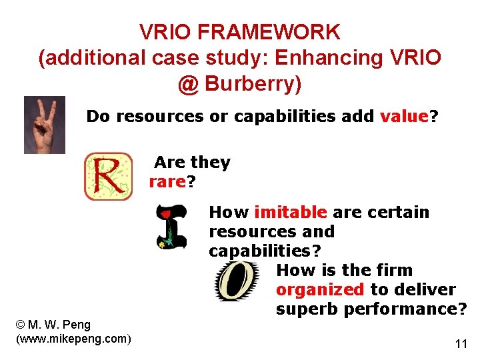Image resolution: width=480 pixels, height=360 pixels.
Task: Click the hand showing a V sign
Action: tap(44, 125)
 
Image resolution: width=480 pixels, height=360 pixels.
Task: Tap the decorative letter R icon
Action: tap(108, 177)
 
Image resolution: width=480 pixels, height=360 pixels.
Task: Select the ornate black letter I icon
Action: tap(171, 227)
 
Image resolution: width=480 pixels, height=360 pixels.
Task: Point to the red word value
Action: tap(403, 117)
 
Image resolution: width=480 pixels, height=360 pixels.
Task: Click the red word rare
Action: tap(167, 182)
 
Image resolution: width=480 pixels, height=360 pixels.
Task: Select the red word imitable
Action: tap(291, 213)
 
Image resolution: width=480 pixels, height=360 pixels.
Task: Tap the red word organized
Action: tap(319, 290)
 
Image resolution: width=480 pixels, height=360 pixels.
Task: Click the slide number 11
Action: tap(461, 344)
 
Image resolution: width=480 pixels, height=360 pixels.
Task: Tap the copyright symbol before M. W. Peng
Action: tap(20, 325)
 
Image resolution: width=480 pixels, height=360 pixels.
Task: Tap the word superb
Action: tap(306, 309)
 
